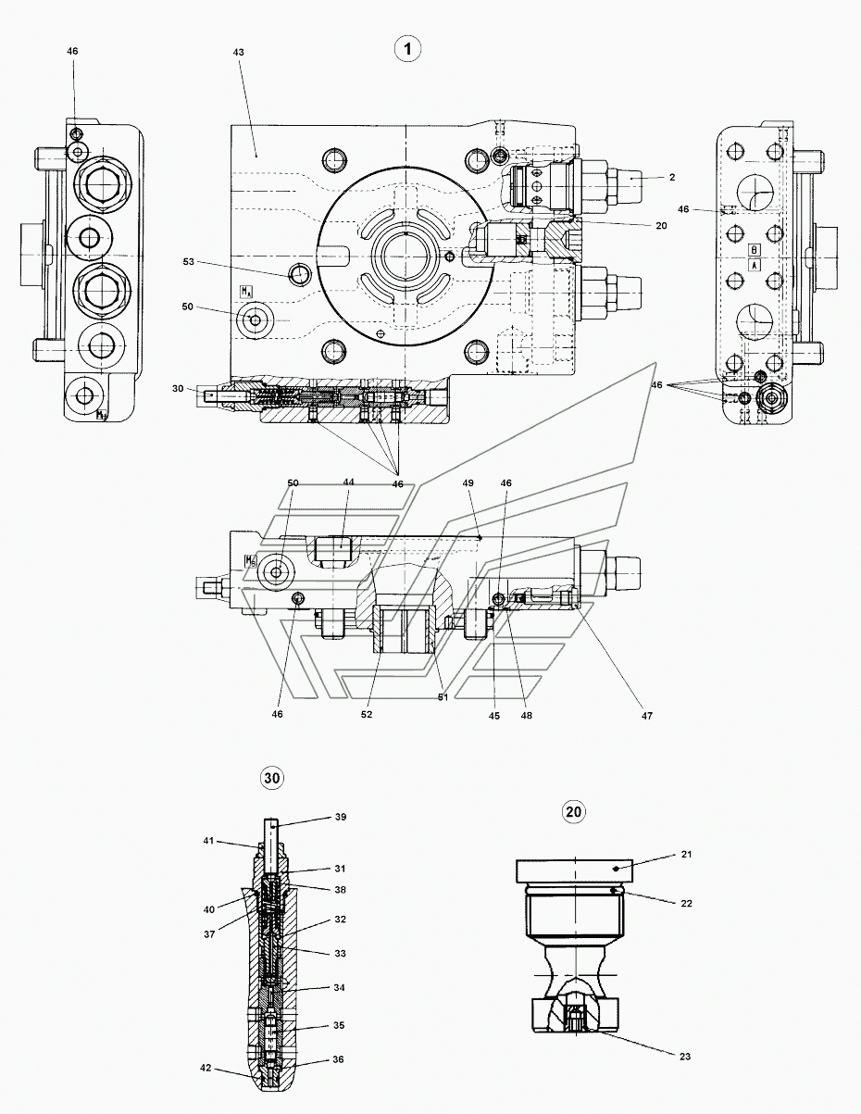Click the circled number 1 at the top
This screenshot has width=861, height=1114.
pyautogui.click(x=407, y=49)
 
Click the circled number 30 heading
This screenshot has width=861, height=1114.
pyautogui.click(x=272, y=778)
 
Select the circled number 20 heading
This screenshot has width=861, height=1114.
pyautogui.click(x=573, y=811)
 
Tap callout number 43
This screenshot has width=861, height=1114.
pyautogui.click(x=238, y=52)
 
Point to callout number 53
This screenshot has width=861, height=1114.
pyautogui.click(x=189, y=261)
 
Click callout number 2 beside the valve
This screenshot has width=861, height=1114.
pyautogui.click(x=672, y=177)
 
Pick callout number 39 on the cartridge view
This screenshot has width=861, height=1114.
pyautogui.click(x=341, y=817)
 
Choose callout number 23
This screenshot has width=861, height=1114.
pyautogui.click(x=685, y=1056)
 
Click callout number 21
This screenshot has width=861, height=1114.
pyautogui.click(x=687, y=854)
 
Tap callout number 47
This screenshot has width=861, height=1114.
pyautogui.click(x=647, y=715)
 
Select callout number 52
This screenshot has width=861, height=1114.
pyautogui.click(x=367, y=714)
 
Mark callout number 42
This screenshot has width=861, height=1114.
pyautogui.click(x=206, y=1068)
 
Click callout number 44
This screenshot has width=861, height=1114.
pyautogui.click(x=348, y=482)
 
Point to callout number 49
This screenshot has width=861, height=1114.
pyautogui.click(x=468, y=483)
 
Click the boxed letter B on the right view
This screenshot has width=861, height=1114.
pyautogui.click(x=755, y=250)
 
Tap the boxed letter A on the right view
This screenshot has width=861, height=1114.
pyautogui.click(x=755, y=265)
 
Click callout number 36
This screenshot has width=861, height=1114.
pyautogui.click(x=338, y=1059)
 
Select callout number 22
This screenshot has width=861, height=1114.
pyautogui.click(x=687, y=903)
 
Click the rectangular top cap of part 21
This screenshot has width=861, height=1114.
pyautogui.click(x=574, y=870)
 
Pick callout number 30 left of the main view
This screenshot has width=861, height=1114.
pyautogui.click(x=178, y=389)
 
